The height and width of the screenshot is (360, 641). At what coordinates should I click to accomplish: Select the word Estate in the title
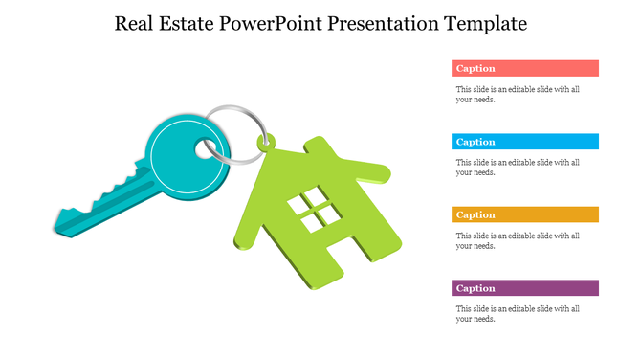186,23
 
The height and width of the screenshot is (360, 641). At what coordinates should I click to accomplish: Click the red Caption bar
524,68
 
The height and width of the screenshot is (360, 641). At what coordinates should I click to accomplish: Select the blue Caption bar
524,142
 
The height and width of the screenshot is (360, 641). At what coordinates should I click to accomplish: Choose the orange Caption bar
524,214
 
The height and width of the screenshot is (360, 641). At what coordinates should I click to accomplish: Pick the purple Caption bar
524,288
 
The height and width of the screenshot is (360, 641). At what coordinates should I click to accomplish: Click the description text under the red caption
517,94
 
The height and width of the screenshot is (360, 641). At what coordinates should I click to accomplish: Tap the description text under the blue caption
517,168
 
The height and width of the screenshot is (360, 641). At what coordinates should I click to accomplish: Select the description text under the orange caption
517,240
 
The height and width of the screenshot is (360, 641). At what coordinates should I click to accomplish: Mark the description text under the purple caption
517,314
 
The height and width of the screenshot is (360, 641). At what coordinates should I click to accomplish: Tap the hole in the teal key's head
206,148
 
